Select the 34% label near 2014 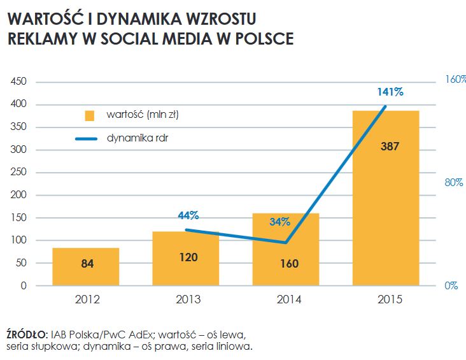[x=279, y=222]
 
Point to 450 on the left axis [x=18, y=82]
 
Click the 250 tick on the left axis [x=18, y=173]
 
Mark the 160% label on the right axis [x=455, y=80]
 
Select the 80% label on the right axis [x=453, y=182]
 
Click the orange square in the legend [x=90, y=116]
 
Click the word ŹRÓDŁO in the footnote [x=27, y=334]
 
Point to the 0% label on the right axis [x=451, y=285]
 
